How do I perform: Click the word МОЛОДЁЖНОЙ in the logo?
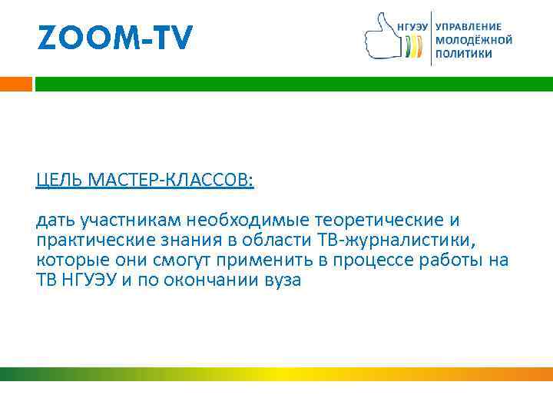[474, 39]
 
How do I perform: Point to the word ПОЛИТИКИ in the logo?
[464, 54]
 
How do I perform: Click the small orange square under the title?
[16, 84]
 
